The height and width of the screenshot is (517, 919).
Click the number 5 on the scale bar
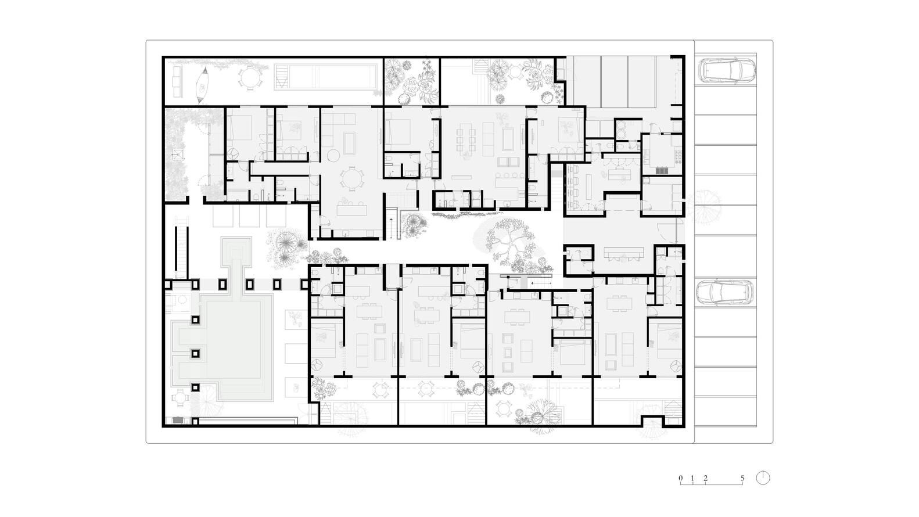click(742, 478)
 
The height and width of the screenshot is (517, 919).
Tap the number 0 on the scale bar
click(681, 478)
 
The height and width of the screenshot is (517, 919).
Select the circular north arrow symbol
click(763, 478)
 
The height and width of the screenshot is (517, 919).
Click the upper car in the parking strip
click(727, 70)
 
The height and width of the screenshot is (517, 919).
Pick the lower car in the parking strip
click(726, 293)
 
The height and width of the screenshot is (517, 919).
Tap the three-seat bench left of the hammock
click(177, 82)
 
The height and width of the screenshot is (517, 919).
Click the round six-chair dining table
click(351, 179)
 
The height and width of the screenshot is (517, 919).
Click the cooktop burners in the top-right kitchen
click(678, 155)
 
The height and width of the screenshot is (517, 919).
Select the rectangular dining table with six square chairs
click(466, 138)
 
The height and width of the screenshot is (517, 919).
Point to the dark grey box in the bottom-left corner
click(178, 420)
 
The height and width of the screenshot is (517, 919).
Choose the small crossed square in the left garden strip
click(178, 155)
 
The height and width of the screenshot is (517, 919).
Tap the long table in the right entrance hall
click(623, 253)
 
